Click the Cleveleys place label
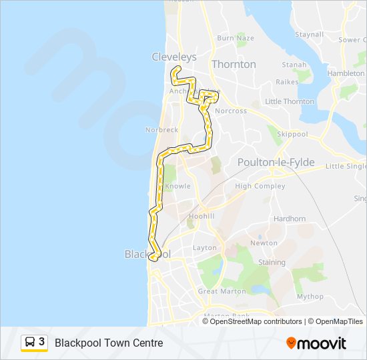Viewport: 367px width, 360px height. [174, 57]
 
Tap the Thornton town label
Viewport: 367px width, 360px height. [234, 64]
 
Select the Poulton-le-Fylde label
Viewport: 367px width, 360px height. [276, 162]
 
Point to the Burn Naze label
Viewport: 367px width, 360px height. [236, 38]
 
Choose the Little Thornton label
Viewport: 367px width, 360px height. [290, 101]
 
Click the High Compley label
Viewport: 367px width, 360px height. [260, 186]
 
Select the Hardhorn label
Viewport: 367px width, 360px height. [289, 219]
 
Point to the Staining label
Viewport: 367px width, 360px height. [272, 263]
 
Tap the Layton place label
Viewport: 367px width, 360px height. [205, 248]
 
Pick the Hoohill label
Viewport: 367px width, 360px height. [202, 217]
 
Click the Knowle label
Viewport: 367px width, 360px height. [177, 186]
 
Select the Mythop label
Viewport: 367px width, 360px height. [310, 297]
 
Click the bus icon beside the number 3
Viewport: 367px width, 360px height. [30, 343]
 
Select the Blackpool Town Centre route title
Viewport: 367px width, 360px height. [109, 343]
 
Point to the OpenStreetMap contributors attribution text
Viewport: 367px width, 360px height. [256, 321]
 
